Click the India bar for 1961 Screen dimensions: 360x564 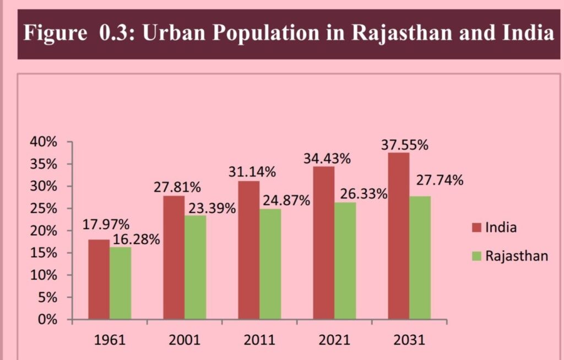99,279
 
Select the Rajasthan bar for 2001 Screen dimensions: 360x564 195,267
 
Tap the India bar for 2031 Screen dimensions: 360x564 398,236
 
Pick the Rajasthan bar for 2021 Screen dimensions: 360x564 345,260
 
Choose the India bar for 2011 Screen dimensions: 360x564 248,250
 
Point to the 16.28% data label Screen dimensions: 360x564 136,239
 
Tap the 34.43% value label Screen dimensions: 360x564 327,159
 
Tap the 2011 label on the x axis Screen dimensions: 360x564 259,340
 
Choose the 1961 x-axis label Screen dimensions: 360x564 109,340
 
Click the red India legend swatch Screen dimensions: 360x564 477,227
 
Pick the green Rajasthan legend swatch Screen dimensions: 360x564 477,256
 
